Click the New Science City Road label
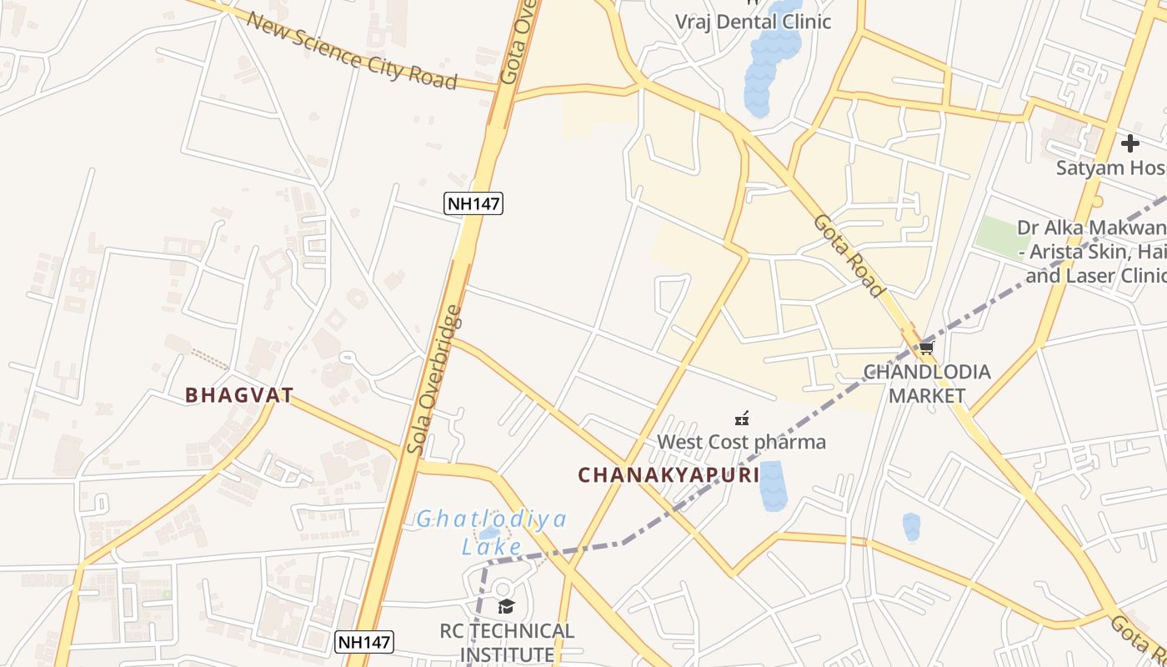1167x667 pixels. click(x=352, y=50)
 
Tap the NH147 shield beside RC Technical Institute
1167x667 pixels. click(x=363, y=642)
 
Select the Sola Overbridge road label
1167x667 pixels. click(x=433, y=380)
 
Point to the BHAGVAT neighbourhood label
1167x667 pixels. click(x=239, y=395)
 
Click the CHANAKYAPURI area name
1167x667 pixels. click(x=669, y=475)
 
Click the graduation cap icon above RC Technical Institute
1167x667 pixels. click(x=506, y=606)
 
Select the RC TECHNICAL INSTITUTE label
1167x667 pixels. click(x=507, y=642)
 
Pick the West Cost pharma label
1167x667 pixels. click(x=741, y=442)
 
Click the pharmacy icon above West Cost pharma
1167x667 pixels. click(x=741, y=418)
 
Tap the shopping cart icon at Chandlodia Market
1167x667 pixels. click(x=926, y=348)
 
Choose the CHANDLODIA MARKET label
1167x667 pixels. click(x=926, y=384)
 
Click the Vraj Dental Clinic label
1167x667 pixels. click(x=753, y=22)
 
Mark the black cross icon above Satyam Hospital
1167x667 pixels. click(x=1129, y=143)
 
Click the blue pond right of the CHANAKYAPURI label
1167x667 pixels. click(x=773, y=485)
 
